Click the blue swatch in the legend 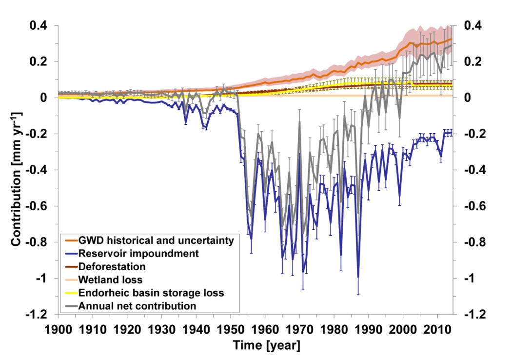click(x=71, y=253)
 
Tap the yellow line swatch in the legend click(x=71, y=293)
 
